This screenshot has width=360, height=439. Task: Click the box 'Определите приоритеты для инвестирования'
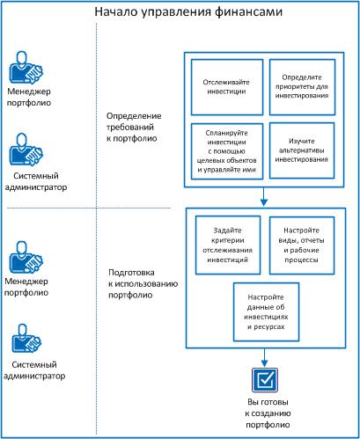[302, 87]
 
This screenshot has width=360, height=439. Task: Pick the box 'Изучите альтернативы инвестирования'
[302, 150]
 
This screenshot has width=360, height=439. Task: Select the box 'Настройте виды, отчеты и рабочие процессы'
[302, 244]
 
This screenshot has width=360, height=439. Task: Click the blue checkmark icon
[265, 380]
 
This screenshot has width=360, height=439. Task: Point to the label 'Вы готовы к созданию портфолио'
[265, 413]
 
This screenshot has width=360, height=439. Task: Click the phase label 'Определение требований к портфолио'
[133, 127]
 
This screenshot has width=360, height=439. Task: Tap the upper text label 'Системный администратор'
[36, 181]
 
